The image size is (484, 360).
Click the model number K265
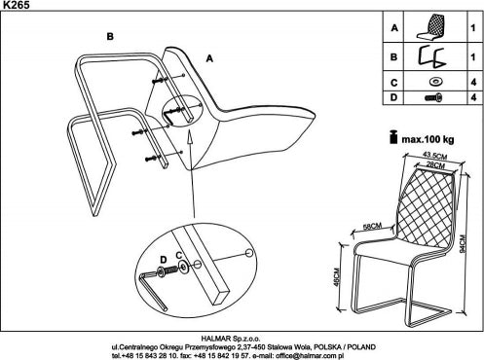point(15,5)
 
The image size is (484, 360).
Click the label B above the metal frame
point(110,36)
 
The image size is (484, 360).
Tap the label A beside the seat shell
point(209,58)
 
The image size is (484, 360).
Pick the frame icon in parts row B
point(430,57)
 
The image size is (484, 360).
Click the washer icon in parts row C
point(435,82)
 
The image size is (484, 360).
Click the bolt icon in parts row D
point(433,97)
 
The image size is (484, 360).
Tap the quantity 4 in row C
point(473,82)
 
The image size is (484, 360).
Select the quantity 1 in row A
point(473,28)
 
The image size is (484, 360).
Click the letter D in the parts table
point(393,97)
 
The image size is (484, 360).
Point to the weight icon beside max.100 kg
point(393,137)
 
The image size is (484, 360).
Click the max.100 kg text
point(428,139)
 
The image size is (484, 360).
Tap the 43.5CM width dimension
point(435,156)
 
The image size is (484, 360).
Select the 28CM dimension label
point(435,164)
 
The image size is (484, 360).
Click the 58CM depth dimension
point(372,226)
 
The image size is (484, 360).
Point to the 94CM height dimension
point(463,243)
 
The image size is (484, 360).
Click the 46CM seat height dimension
point(337,277)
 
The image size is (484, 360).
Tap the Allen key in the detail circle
point(153,289)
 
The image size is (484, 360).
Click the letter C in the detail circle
point(179,256)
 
